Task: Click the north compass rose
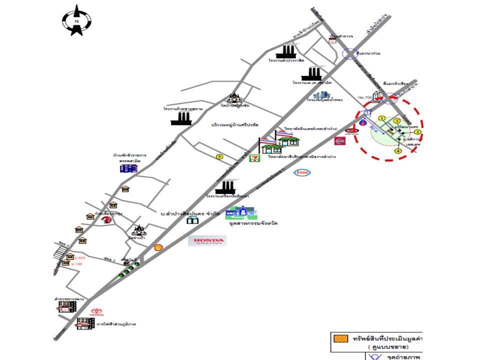(x=76, y=20)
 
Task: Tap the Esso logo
(x=302, y=172)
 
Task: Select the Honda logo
(x=207, y=241)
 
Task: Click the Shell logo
(x=158, y=247)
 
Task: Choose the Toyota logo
(x=96, y=313)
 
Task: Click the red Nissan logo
(x=339, y=141)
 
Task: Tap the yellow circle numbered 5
(x=219, y=156)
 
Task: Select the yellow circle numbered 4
(x=398, y=150)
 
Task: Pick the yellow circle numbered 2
(x=418, y=132)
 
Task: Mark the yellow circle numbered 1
(x=381, y=118)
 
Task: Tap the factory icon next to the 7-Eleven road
(x=225, y=187)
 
